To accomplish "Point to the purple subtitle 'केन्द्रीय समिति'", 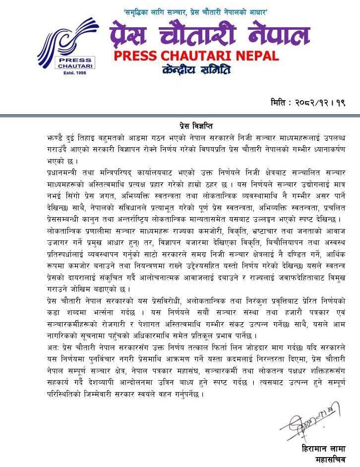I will click(x=196, y=70).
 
